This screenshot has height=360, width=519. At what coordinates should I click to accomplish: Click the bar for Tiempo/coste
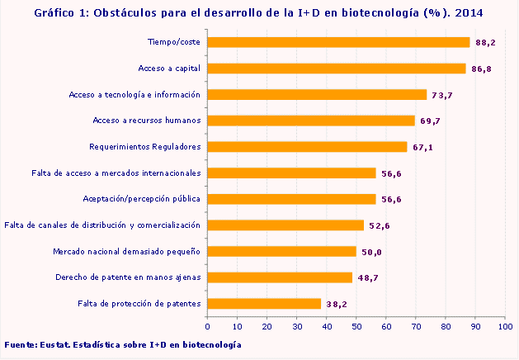(x=338, y=42)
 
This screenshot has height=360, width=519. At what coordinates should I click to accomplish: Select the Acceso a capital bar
(x=337, y=69)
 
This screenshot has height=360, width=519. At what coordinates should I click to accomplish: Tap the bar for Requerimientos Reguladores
(x=307, y=147)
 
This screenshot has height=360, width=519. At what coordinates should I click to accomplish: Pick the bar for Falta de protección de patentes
(x=264, y=303)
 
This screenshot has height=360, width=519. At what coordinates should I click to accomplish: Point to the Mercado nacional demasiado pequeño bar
(x=281, y=251)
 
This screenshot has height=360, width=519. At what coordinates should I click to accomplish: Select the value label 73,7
(x=442, y=96)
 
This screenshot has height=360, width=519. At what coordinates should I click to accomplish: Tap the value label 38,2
(x=335, y=304)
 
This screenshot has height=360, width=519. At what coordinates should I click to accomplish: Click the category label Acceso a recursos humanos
(x=147, y=121)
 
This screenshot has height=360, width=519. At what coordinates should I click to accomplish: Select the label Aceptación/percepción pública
(x=142, y=199)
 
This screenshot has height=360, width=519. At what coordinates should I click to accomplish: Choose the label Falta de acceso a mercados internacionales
(x=116, y=173)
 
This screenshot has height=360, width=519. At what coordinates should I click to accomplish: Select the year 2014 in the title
(x=469, y=13)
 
